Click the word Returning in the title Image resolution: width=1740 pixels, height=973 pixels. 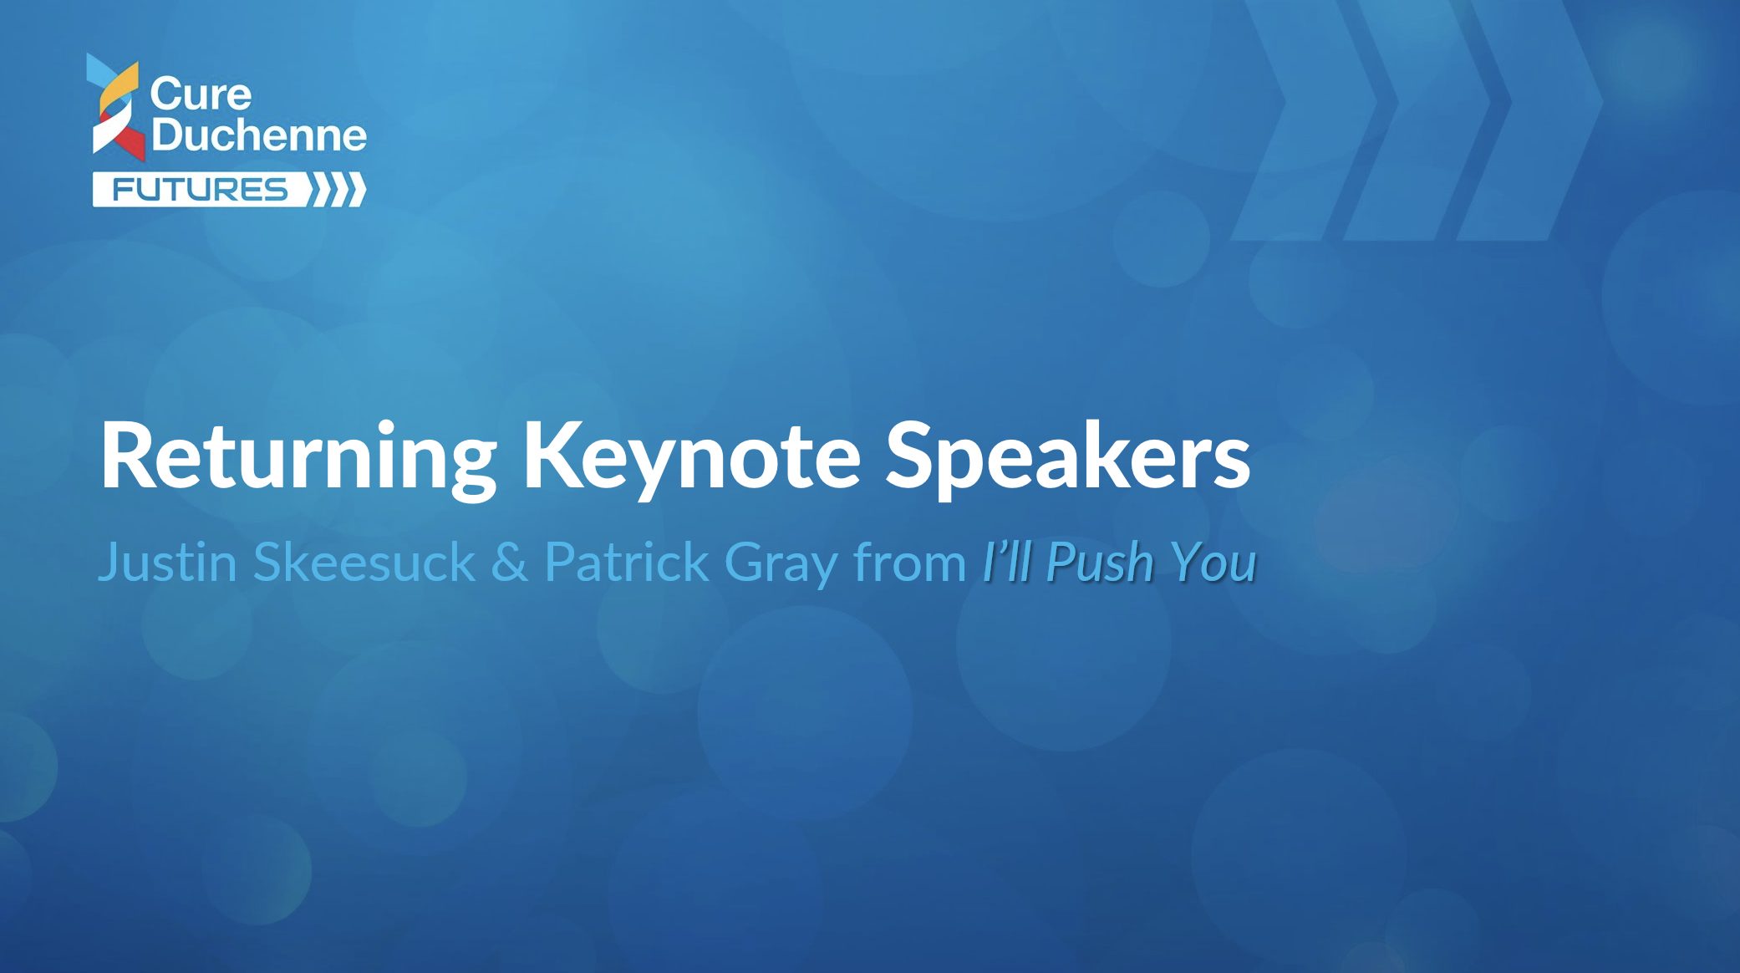pyautogui.click(x=299, y=457)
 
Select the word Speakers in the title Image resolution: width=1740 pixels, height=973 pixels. pyautogui.click(x=1067, y=457)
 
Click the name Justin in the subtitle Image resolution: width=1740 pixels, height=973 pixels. pyautogui.click(x=168, y=562)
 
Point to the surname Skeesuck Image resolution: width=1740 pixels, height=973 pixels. pyautogui.click(x=364, y=562)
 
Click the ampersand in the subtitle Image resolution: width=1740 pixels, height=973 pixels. pyautogui.click(x=510, y=562)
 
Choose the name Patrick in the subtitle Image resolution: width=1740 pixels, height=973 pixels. pyautogui.click(x=627, y=562)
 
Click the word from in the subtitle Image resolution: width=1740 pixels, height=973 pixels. pyautogui.click(x=909, y=562)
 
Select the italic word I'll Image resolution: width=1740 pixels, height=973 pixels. pyautogui.click(x=1007, y=562)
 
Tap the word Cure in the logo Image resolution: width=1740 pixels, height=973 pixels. pyautogui.click(x=201, y=94)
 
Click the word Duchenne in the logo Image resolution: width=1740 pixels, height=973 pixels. pyautogui.click(x=259, y=135)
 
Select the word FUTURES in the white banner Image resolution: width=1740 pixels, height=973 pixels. pyautogui.click(x=200, y=190)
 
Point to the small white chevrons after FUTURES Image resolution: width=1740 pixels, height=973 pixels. pyautogui.click(x=337, y=190)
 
